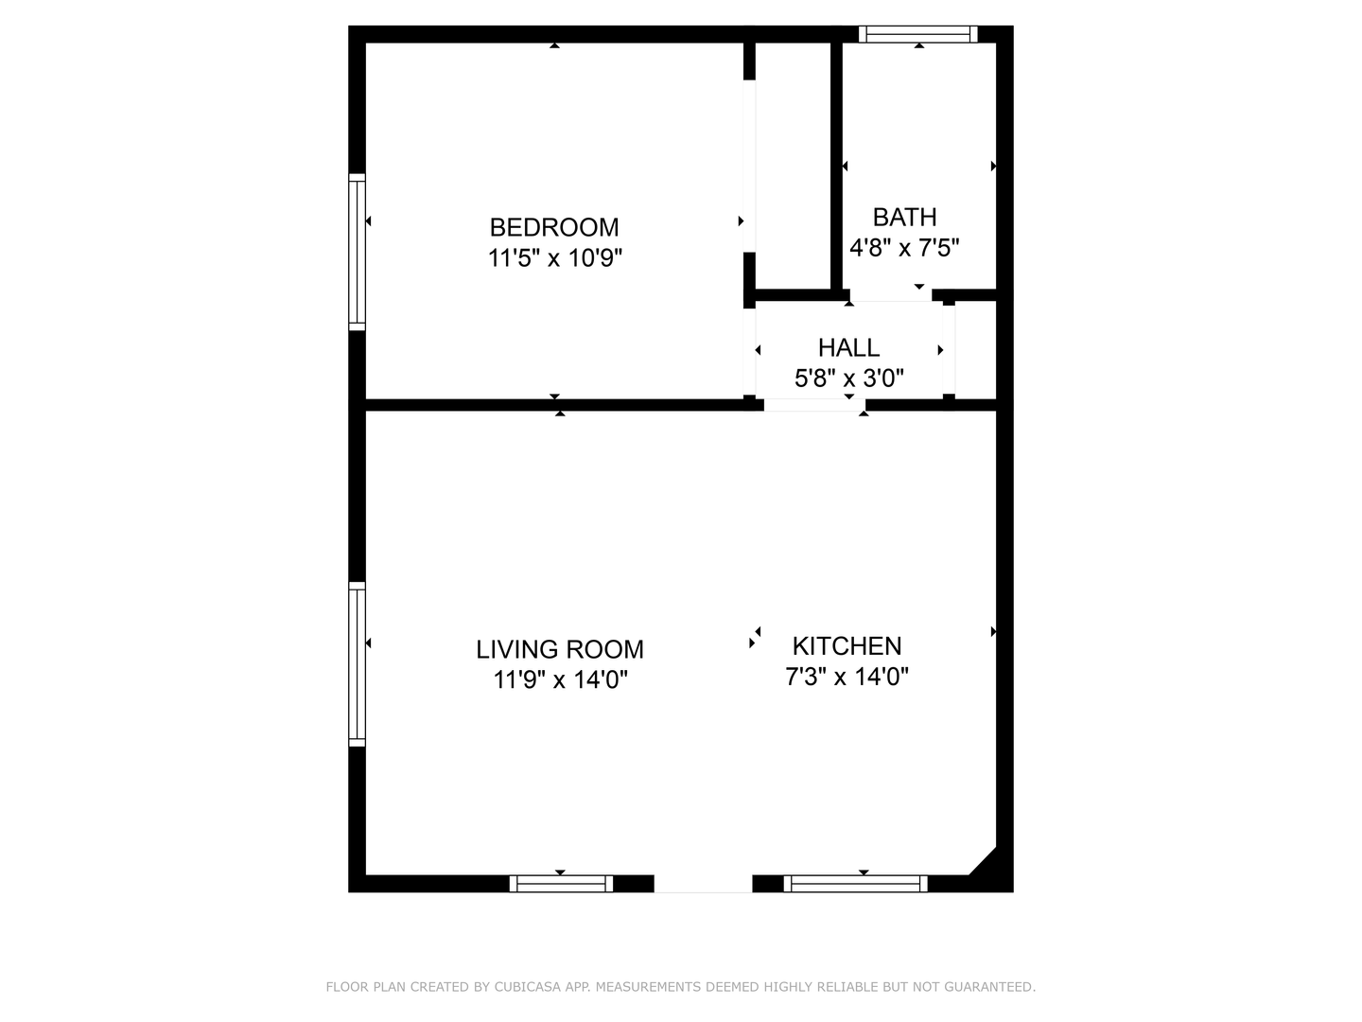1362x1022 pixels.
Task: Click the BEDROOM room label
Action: pos(554,227)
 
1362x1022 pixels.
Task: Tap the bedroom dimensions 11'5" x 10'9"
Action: pos(555,257)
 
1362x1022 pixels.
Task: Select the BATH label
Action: pos(904,218)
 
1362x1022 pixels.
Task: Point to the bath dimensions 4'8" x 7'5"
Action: pos(904,248)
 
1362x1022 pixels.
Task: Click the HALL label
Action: pos(848,347)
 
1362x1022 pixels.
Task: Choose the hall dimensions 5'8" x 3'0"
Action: pos(848,379)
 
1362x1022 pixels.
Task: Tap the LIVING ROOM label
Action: pos(559,649)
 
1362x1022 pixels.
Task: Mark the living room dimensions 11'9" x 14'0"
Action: pos(560,679)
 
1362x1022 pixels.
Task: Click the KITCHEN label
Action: pos(847,646)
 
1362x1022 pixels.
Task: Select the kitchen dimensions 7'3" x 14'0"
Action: pos(847,677)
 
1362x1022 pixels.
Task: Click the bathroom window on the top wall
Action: pos(917,35)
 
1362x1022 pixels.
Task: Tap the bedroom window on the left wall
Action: pos(357,252)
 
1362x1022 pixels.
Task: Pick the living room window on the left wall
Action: pos(357,663)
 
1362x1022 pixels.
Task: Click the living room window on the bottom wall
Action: pos(561,884)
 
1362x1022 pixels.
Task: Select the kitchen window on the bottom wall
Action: pos(855,884)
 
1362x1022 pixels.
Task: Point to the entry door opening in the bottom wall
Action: pos(703,884)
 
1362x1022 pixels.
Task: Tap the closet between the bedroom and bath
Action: pos(793,166)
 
